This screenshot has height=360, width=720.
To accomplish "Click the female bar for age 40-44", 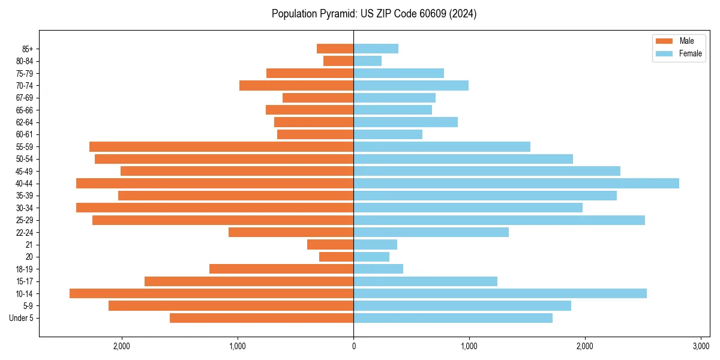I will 516,183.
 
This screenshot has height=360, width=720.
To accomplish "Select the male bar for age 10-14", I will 211,293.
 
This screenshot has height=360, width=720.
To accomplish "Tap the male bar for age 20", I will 336,257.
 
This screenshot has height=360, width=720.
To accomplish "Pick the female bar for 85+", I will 376,49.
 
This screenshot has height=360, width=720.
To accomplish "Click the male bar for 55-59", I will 221,146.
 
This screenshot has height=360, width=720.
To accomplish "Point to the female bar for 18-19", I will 378,269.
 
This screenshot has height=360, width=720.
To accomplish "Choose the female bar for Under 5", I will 453,318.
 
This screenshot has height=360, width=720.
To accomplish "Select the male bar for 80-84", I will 338,61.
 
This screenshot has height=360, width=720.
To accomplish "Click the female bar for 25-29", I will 499,220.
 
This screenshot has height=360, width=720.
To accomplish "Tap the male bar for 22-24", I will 291,232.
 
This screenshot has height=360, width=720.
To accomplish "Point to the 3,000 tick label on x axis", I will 701,346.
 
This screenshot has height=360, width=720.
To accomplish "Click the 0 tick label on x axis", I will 353,346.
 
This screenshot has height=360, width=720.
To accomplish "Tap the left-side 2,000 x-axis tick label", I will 122,346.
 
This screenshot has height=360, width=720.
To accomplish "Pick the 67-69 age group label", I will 25,98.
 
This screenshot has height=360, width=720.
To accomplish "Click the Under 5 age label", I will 22,318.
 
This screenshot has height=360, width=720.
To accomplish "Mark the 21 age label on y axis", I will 29,245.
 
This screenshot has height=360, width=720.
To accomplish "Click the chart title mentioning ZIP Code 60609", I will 374,14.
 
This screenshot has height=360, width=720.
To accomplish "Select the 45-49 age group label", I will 25,171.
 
